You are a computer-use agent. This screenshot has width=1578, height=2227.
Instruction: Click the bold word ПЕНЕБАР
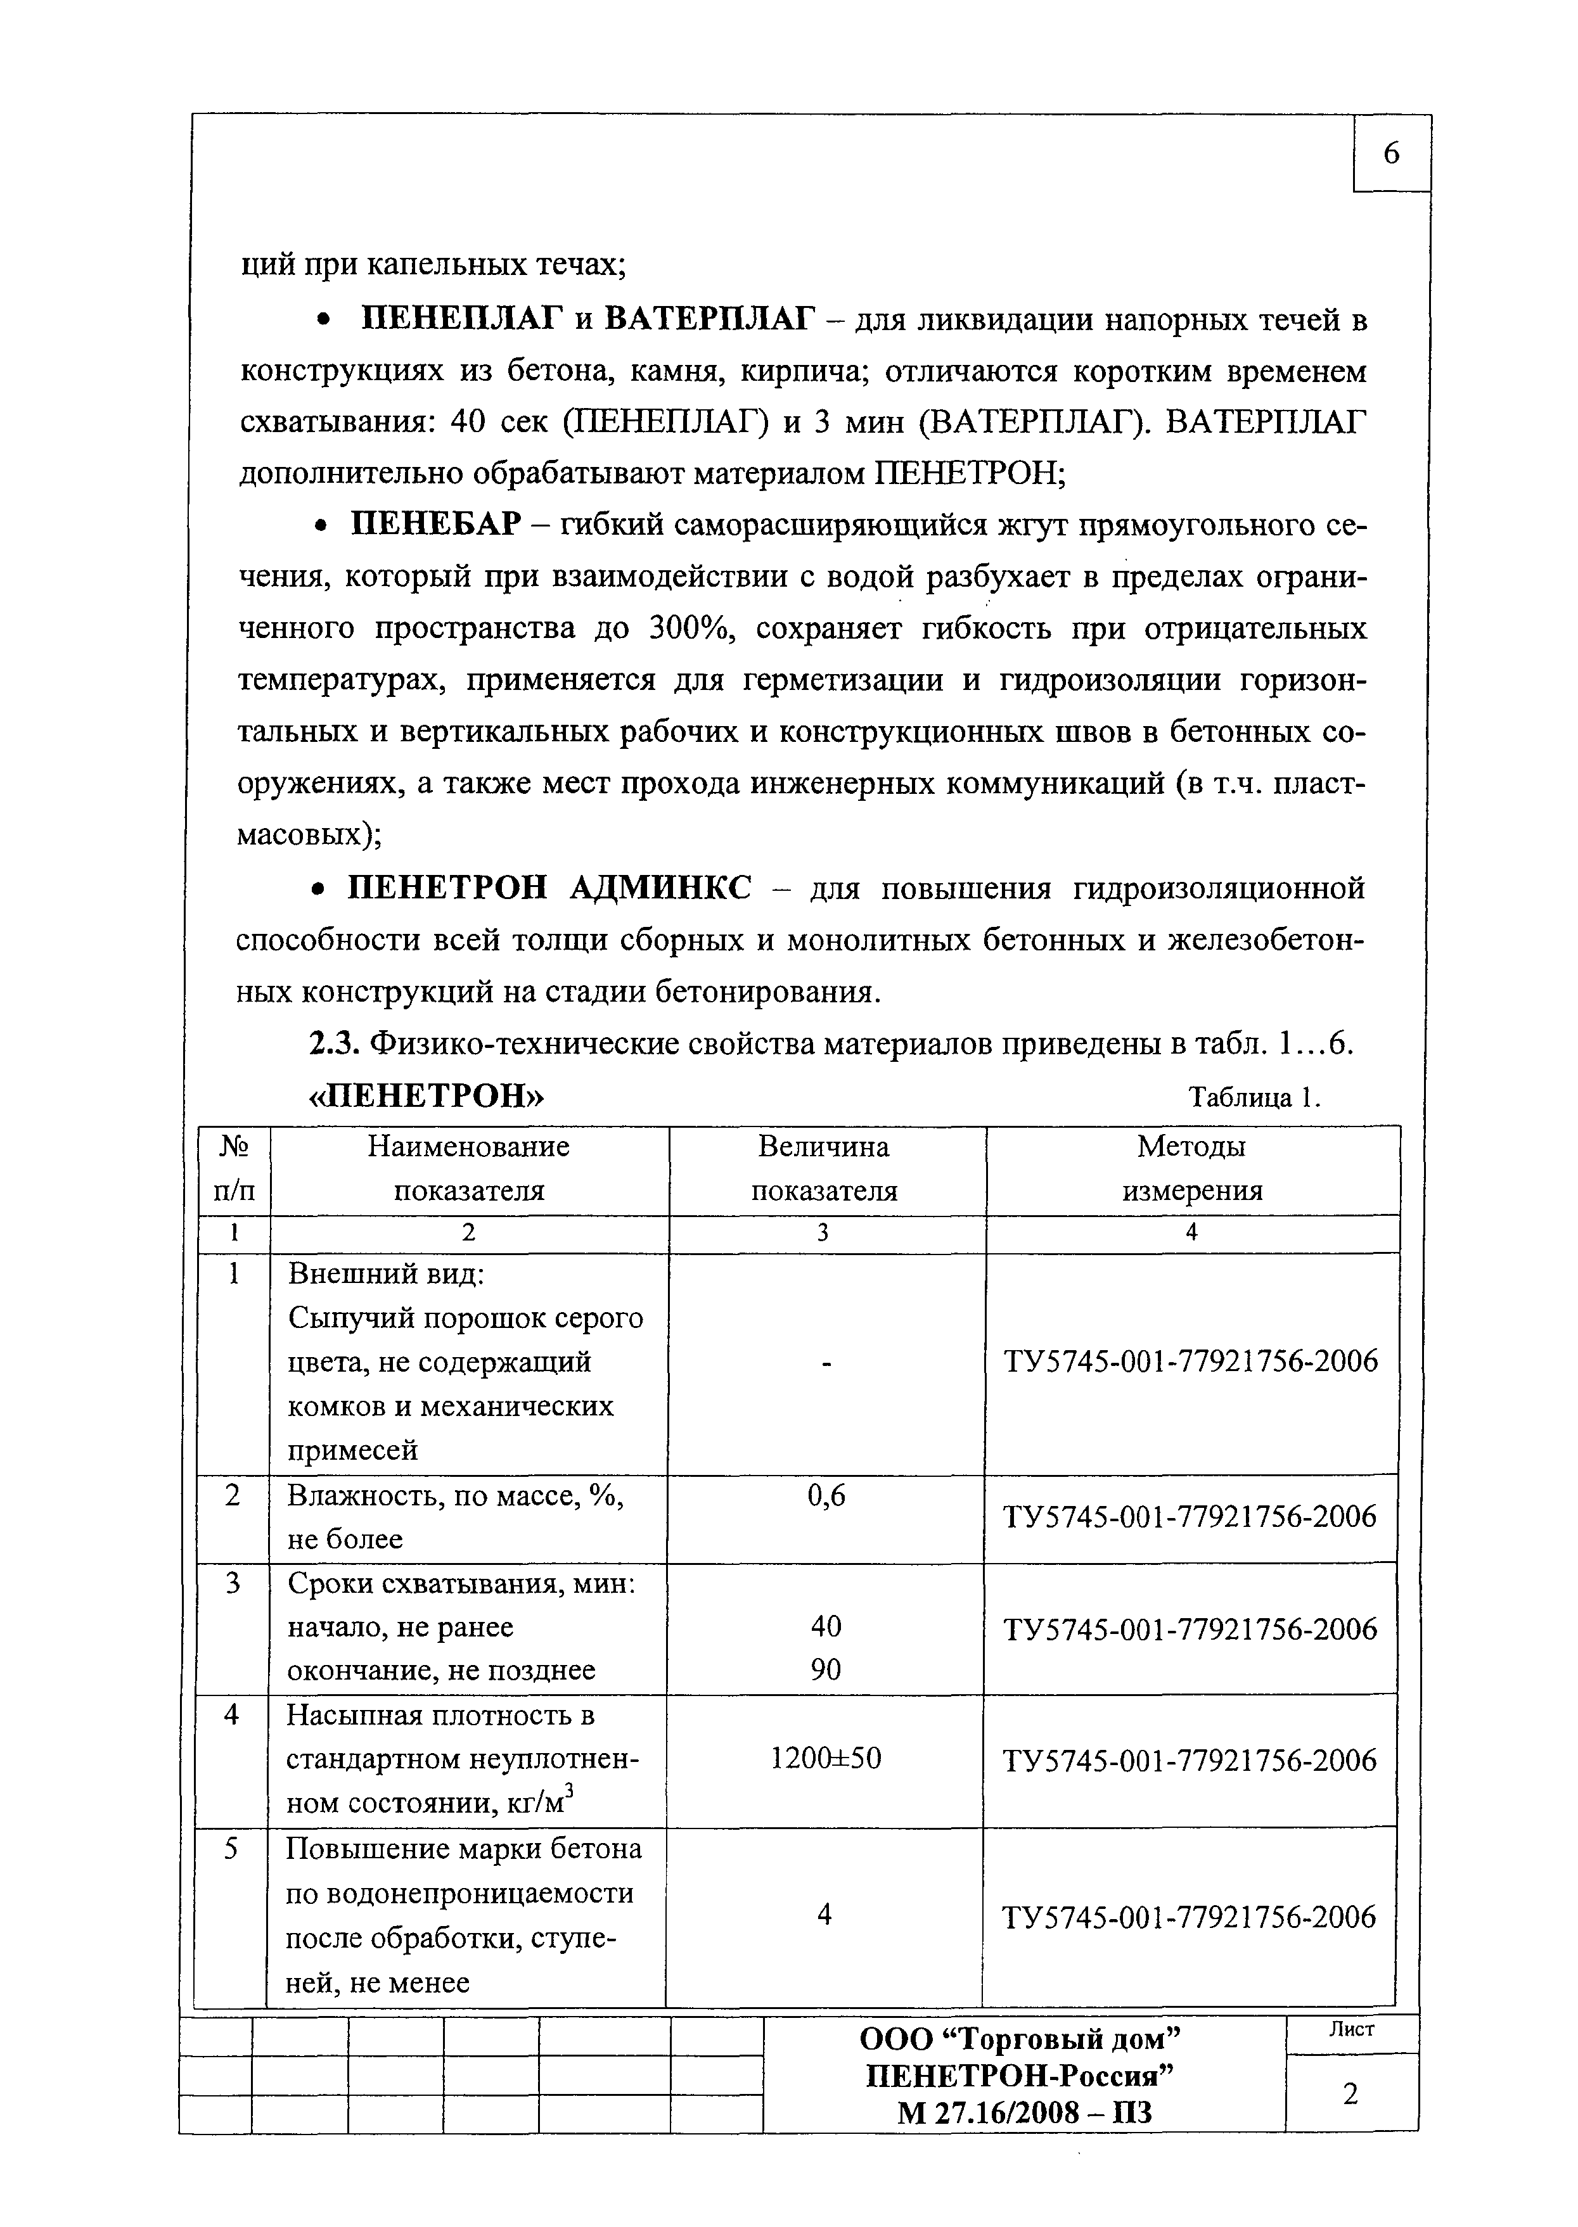coord(436,525)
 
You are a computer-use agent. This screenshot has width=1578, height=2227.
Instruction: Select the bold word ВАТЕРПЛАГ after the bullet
coord(707,319)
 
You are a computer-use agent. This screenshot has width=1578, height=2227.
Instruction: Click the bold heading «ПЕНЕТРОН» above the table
coord(427,1095)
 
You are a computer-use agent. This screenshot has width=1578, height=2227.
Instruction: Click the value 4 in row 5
coord(824,1915)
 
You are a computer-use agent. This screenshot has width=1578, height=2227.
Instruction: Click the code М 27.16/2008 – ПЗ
coord(1024,2112)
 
